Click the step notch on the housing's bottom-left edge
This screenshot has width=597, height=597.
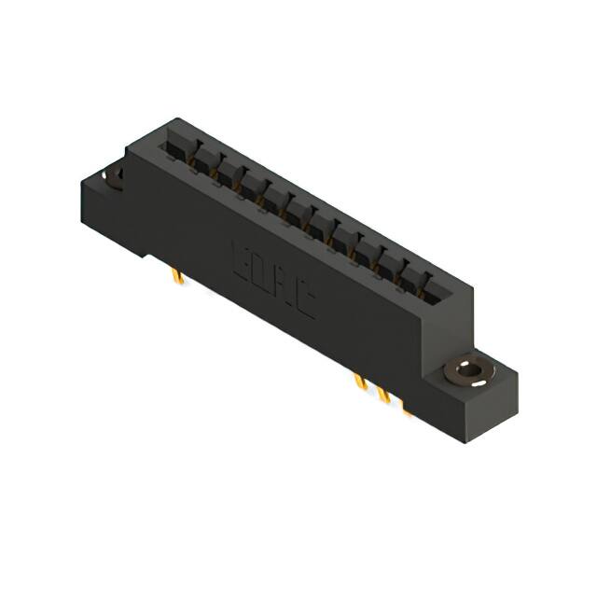pyautogui.click(x=149, y=253)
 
